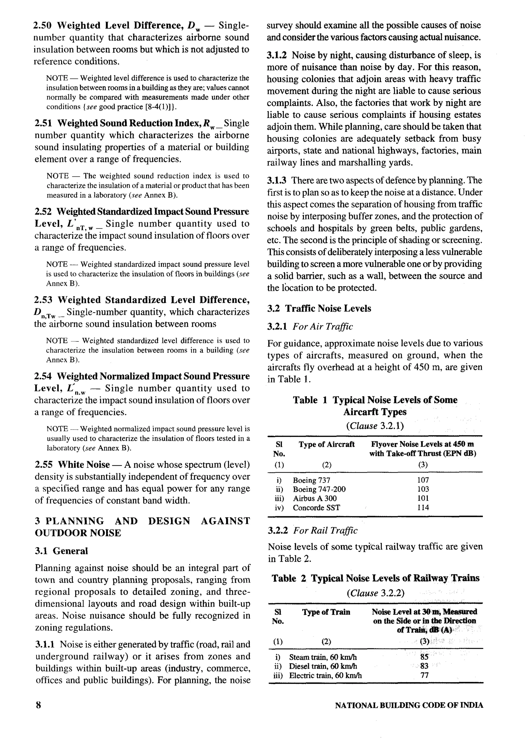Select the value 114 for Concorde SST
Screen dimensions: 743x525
[x=423, y=507]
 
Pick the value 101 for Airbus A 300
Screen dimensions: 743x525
[x=423, y=498]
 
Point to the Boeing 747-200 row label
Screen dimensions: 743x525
[x=319, y=489]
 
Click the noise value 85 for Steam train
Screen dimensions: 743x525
[x=424, y=657]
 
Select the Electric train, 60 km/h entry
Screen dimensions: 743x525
[x=325, y=675]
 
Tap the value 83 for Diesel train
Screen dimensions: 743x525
[x=424, y=666]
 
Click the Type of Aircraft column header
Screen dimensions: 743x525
[x=327, y=444]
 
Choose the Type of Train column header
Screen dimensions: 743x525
[x=326, y=612]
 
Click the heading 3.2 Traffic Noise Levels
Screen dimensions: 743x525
[x=319, y=308]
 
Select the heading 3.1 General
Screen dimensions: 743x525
[x=61, y=551]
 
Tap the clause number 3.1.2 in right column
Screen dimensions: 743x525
[x=276, y=55]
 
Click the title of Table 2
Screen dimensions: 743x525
[x=375, y=578]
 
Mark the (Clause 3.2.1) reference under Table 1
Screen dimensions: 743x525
[x=375, y=426]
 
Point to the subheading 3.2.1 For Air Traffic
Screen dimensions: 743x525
[x=310, y=327]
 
